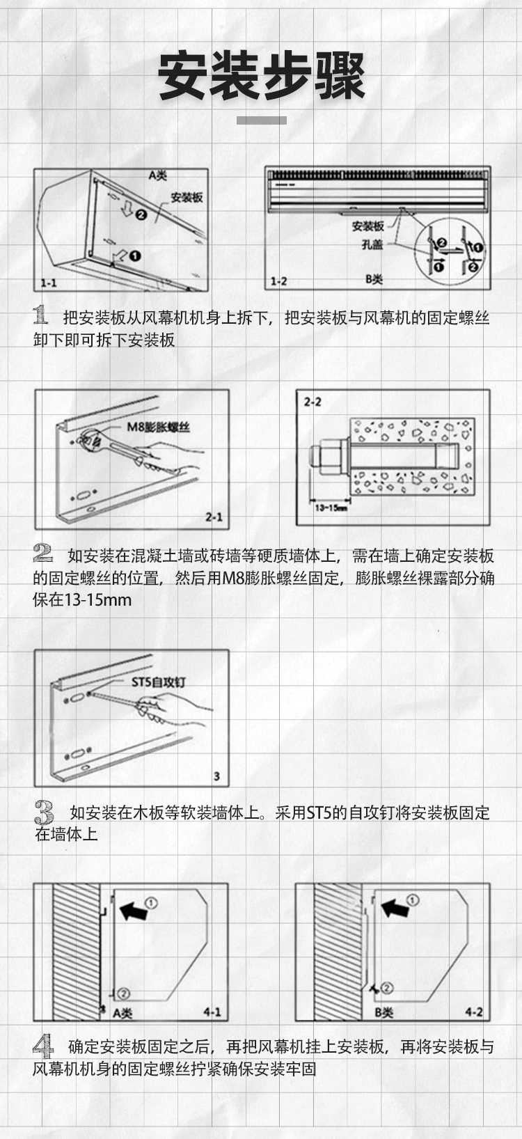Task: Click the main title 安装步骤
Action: [x=261, y=77]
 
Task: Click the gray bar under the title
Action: [x=262, y=120]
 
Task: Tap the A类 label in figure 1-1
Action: [x=157, y=175]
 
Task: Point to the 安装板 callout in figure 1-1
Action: [x=187, y=197]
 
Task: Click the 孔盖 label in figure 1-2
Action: [x=372, y=244]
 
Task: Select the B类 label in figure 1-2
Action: [x=374, y=279]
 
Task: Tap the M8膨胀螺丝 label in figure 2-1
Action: [x=158, y=427]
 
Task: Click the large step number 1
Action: [x=40, y=315]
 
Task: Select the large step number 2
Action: [x=42, y=553]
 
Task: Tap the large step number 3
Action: [x=45, y=812]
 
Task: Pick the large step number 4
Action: [x=43, y=1046]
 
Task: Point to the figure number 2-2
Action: [x=313, y=402]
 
